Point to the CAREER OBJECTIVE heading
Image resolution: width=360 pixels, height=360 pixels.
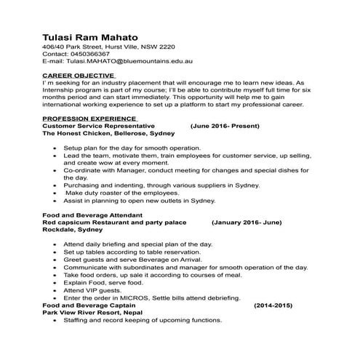click(x=79, y=76)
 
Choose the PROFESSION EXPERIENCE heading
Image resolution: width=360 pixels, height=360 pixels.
click(x=91, y=118)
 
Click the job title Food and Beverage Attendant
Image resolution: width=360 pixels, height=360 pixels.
click(x=91, y=216)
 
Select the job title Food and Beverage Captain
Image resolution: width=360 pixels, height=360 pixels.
click(x=87, y=305)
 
